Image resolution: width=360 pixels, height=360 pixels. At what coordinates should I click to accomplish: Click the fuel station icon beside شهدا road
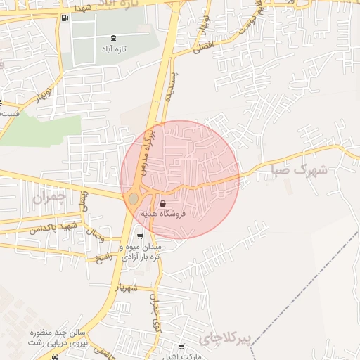click(x=65, y=18)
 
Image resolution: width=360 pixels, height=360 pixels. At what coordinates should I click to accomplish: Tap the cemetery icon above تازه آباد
click(x=114, y=38)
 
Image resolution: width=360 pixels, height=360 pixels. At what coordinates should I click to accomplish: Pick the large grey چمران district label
click(x=48, y=198)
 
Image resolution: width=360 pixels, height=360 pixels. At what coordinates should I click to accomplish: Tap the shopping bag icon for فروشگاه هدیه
click(x=163, y=203)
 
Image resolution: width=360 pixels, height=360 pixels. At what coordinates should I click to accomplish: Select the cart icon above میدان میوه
click(x=141, y=236)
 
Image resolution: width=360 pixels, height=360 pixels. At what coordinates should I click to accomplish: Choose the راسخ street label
click(x=104, y=258)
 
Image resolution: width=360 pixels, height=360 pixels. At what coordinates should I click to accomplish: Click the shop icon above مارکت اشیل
click(x=182, y=347)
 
